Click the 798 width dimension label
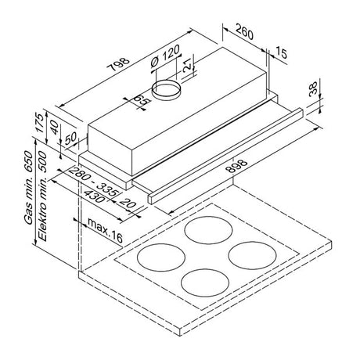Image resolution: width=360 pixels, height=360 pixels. coord(118,64)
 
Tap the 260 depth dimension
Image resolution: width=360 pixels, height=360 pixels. coord(244,31)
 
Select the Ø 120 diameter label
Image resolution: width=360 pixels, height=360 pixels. coord(165,56)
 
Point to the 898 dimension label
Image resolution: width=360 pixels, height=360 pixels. coord(236,166)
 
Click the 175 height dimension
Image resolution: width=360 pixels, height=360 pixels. coord(40,123)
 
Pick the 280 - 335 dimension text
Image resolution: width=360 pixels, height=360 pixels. coord(93,182)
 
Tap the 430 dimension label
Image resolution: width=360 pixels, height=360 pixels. coord(93,196)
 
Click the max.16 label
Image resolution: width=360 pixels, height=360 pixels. coord(105,230)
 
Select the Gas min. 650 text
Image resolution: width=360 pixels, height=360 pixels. coord(29,187)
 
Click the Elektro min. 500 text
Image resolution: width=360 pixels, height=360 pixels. coord(42,196)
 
